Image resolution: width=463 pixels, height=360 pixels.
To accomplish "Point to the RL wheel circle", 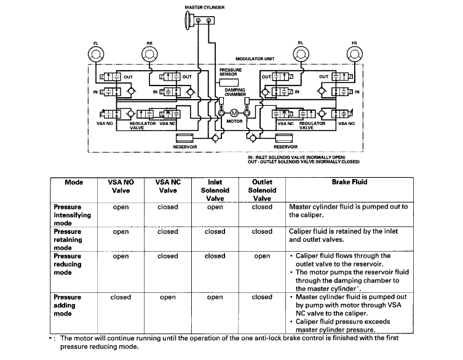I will point(301,55).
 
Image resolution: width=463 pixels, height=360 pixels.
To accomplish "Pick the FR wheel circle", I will point(354,55).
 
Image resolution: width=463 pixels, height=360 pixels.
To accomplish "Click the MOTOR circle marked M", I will point(234,113).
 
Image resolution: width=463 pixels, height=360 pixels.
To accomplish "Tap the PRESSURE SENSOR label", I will point(231,72).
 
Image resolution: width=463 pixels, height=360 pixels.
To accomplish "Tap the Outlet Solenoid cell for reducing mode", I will point(262,256).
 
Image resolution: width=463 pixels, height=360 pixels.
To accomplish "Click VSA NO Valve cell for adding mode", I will point(121,297).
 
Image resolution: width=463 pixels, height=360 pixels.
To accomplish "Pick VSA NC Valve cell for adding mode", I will point(167,297).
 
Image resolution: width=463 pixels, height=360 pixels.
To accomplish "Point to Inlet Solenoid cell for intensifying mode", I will point(215,207).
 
